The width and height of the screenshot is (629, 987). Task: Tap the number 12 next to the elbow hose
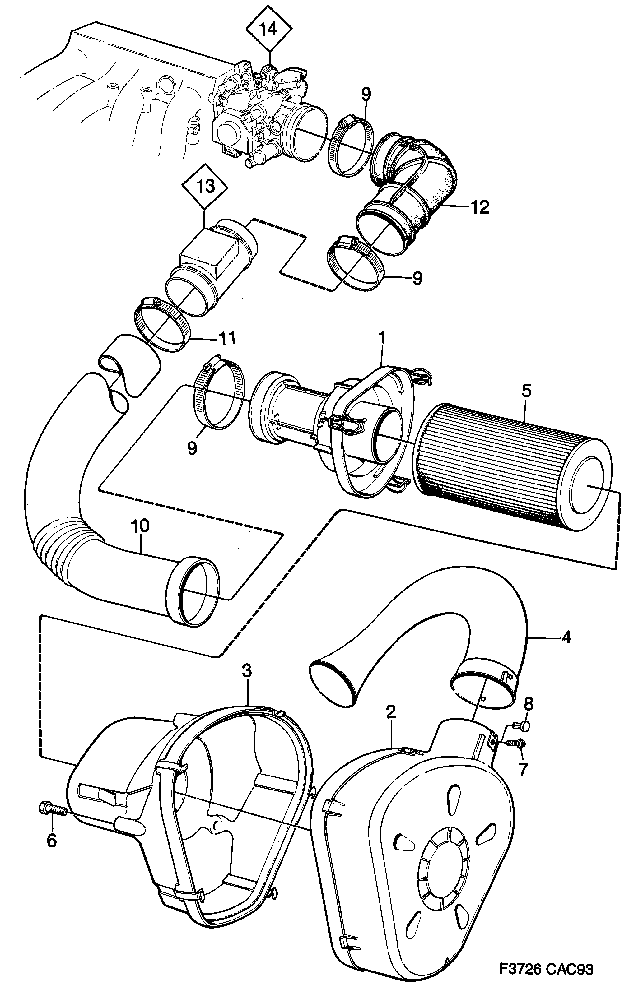click(480, 207)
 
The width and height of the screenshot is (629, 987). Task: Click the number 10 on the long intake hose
click(140, 526)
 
